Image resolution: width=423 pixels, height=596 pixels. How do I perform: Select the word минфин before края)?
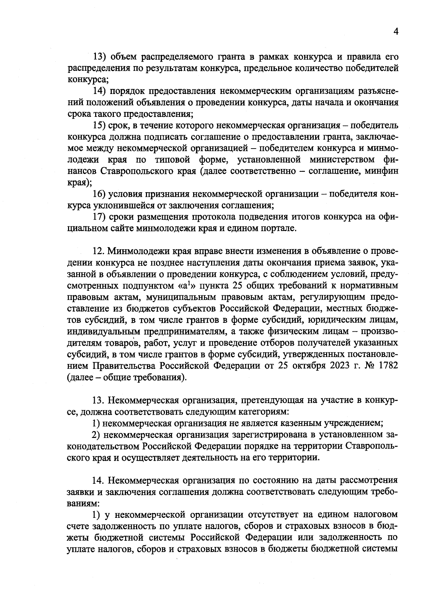382,171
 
